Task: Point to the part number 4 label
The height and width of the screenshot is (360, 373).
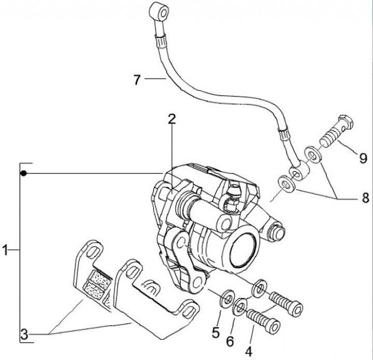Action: click(x=249, y=350)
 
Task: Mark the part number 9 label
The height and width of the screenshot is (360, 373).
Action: click(x=363, y=156)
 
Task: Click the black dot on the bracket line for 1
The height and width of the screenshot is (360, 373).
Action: click(x=23, y=172)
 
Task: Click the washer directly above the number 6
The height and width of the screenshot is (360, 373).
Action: click(x=240, y=307)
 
